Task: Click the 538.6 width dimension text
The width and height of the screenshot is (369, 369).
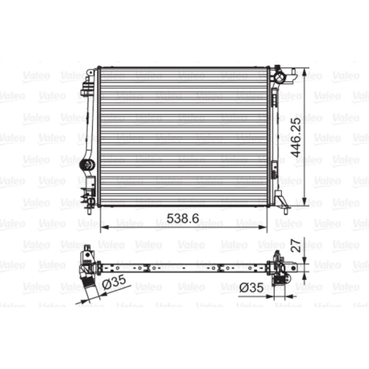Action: [x=183, y=218]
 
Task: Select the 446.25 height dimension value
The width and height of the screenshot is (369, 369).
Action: [x=296, y=137]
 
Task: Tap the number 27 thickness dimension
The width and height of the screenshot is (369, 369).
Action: [x=296, y=246]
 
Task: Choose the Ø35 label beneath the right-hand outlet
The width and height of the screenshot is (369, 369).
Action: [x=251, y=287]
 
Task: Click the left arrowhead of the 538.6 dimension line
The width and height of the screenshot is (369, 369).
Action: [x=104, y=227]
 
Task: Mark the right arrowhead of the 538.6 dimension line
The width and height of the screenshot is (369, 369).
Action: [x=263, y=227]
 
